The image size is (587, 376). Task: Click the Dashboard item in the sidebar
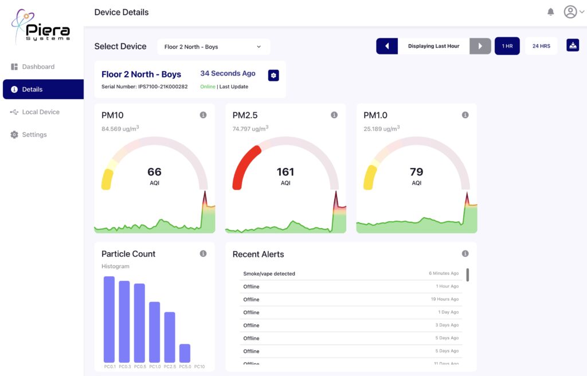pos(38,66)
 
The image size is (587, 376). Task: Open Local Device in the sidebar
pos(40,112)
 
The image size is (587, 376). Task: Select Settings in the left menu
pos(34,135)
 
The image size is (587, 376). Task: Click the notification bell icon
pos(550,12)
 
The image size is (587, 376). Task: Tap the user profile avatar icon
pos(570,12)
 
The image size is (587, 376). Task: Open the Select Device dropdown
pos(213,47)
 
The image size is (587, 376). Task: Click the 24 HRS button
pos(541,46)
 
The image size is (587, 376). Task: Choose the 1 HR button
pos(507,46)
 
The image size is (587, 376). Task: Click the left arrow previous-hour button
pos(387,46)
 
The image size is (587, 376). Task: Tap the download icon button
pos(572,46)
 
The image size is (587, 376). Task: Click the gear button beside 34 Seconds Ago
pos(273,75)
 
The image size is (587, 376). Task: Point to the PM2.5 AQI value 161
pos(285,172)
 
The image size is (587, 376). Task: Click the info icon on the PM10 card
pos(203,115)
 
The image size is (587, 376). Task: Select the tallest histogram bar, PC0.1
pos(109,319)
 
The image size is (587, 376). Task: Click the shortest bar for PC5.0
pos(185,352)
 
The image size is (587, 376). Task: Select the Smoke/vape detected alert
pos(269,274)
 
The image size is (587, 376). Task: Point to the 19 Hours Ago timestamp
pos(444,299)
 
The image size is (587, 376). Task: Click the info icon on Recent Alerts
pos(465,254)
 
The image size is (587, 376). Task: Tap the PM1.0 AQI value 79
pos(416,172)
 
